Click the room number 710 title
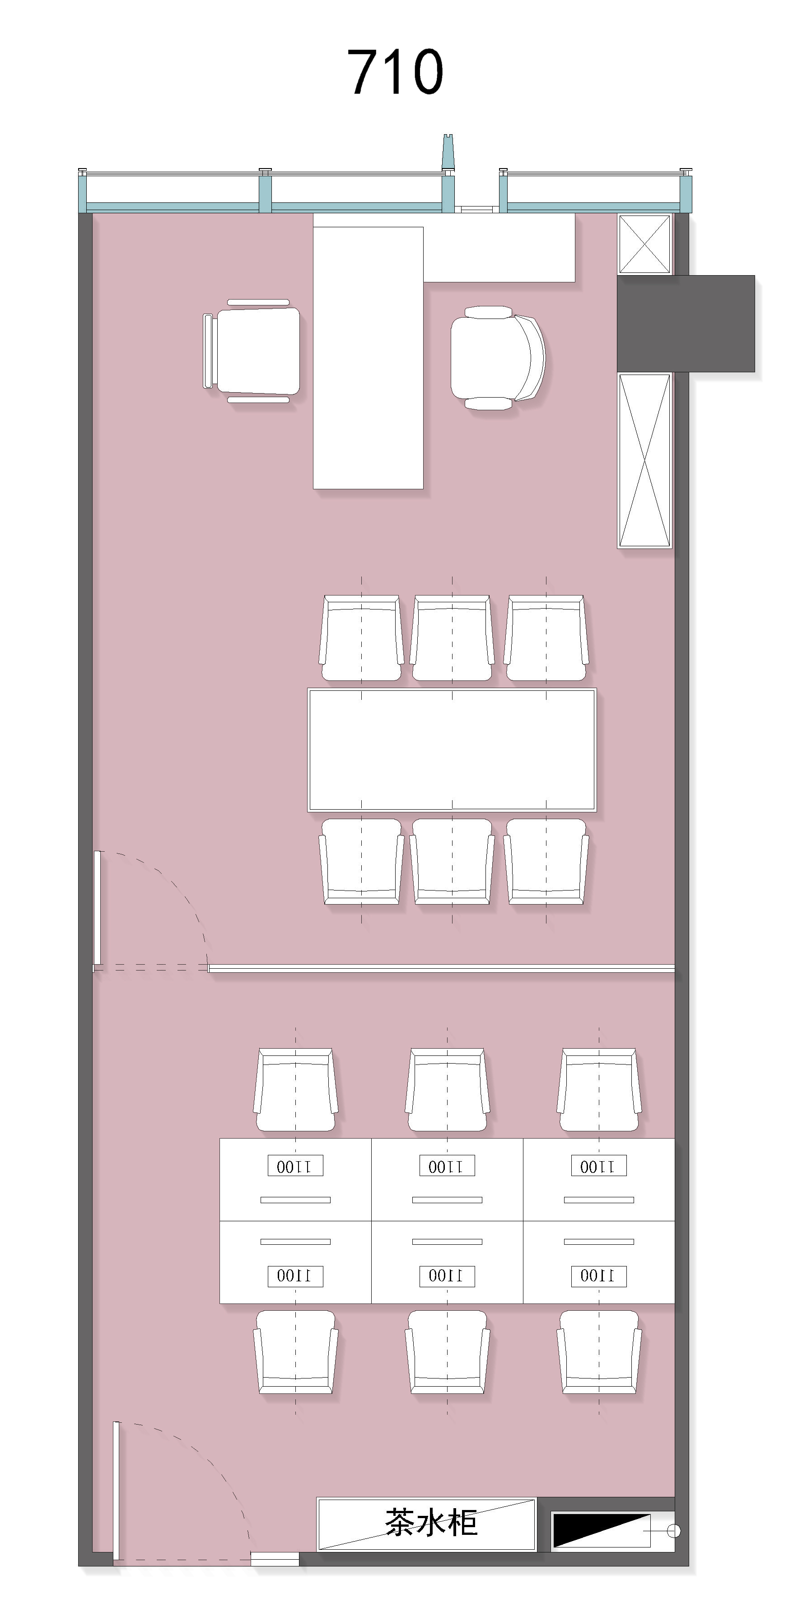click(395, 72)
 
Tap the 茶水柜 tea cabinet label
click(431, 1522)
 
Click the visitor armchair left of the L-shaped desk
click(252, 351)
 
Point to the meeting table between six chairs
click(452, 750)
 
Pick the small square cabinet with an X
click(644, 244)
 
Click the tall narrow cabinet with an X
click(644, 461)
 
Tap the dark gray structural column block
click(686, 324)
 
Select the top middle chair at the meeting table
click(452, 638)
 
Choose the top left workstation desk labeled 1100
click(295, 1180)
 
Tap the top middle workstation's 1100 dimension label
click(447, 1166)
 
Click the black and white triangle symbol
click(601, 1530)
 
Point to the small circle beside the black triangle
click(674, 1531)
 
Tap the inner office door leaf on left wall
click(97, 908)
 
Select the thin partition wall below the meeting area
click(441, 969)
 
